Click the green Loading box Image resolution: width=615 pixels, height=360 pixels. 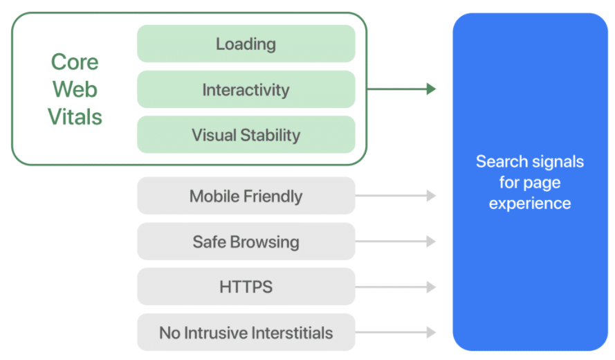click(x=246, y=44)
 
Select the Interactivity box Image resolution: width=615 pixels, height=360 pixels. click(x=246, y=89)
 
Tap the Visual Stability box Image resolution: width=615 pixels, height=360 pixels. click(x=246, y=135)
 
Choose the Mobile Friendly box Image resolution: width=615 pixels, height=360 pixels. click(x=246, y=196)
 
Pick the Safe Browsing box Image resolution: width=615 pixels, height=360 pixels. click(x=246, y=242)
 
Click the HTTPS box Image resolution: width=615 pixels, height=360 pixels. click(x=246, y=287)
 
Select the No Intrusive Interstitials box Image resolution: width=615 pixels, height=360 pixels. click(x=246, y=332)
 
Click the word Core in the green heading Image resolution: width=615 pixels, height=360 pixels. click(x=75, y=62)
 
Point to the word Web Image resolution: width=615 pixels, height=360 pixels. click(x=75, y=89)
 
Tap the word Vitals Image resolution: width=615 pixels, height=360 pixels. click(x=75, y=117)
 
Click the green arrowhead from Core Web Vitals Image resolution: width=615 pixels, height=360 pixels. click(x=431, y=89)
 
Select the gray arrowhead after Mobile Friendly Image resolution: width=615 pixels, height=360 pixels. click(x=431, y=195)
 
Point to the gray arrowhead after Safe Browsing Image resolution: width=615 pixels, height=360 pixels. click(x=431, y=241)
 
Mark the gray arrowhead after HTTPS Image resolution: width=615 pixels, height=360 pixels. click(x=431, y=287)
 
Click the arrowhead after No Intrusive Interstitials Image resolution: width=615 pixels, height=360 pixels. click(x=431, y=332)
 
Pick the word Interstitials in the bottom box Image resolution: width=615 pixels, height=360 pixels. click(x=292, y=333)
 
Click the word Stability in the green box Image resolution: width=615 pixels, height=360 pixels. click(x=270, y=136)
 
